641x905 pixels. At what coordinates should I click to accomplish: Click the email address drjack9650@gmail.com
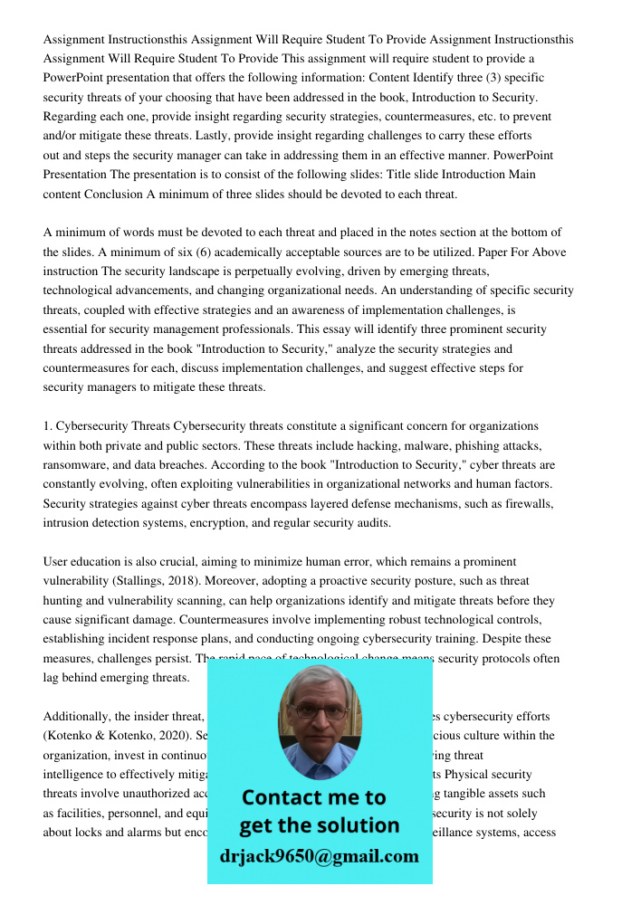[319, 855]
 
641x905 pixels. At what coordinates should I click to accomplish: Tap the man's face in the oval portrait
[319, 719]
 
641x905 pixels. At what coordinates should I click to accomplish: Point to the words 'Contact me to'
[313, 797]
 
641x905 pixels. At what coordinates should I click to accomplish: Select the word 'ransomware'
[76, 465]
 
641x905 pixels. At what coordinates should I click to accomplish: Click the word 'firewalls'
[527, 503]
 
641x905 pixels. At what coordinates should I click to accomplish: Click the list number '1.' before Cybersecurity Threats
[49, 426]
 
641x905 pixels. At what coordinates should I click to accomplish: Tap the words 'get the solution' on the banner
[319, 825]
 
